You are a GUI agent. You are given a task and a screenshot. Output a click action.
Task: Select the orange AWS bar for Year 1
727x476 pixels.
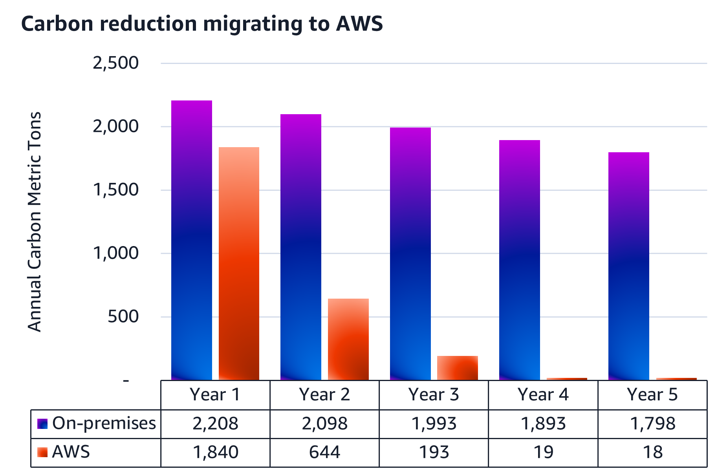239,263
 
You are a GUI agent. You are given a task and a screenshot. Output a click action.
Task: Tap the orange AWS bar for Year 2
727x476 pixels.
348,339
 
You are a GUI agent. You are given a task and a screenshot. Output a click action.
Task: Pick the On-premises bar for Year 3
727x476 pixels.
410,254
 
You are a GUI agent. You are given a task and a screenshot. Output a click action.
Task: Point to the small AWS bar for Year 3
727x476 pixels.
457,368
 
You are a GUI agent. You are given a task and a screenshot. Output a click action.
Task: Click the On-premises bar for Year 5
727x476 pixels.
628,266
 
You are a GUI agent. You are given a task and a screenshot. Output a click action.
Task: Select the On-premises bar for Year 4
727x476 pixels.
519,260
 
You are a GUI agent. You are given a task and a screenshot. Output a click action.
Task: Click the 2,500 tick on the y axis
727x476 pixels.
115,63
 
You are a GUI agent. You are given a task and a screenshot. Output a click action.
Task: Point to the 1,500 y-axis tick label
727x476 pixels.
115,190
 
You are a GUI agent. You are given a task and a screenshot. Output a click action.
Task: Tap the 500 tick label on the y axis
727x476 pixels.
123,316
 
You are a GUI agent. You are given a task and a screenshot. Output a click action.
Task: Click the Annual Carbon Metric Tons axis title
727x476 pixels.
35,222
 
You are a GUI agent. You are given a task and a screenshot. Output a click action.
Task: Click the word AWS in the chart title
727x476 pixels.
359,24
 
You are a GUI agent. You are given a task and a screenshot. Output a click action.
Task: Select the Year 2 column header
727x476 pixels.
324,394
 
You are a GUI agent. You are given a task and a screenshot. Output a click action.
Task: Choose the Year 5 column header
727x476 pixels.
652,394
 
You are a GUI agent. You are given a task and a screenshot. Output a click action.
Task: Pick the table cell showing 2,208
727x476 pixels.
215,424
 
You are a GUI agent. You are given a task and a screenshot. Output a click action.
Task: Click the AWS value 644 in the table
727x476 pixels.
324,452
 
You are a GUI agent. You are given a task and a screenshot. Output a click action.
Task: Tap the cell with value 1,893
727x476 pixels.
543,424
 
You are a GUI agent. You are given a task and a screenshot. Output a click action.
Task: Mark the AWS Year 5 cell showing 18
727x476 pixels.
652,452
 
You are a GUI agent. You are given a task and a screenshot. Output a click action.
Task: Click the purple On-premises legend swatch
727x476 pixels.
42,424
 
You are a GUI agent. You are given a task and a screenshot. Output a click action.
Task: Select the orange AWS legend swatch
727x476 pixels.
42,452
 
